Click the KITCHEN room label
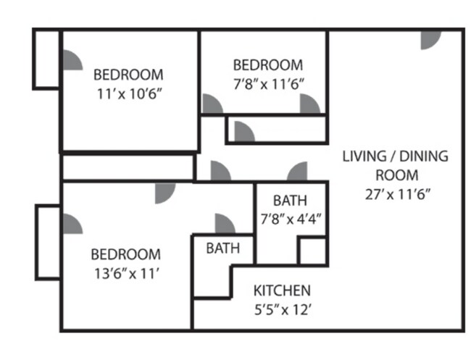[282, 290]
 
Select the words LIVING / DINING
[396, 156]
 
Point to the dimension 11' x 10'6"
[128, 93]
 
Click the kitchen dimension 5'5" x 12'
[282, 309]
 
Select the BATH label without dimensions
[222, 248]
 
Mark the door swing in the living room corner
[432, 41]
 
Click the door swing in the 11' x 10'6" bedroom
[70, 60]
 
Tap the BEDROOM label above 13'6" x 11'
[125, 254]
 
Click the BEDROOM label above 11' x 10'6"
[128, 75]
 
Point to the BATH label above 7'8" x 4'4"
[290, 200]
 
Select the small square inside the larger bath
[313, 251]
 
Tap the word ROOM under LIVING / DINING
[396, 175]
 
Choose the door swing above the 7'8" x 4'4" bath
[297, 172]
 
